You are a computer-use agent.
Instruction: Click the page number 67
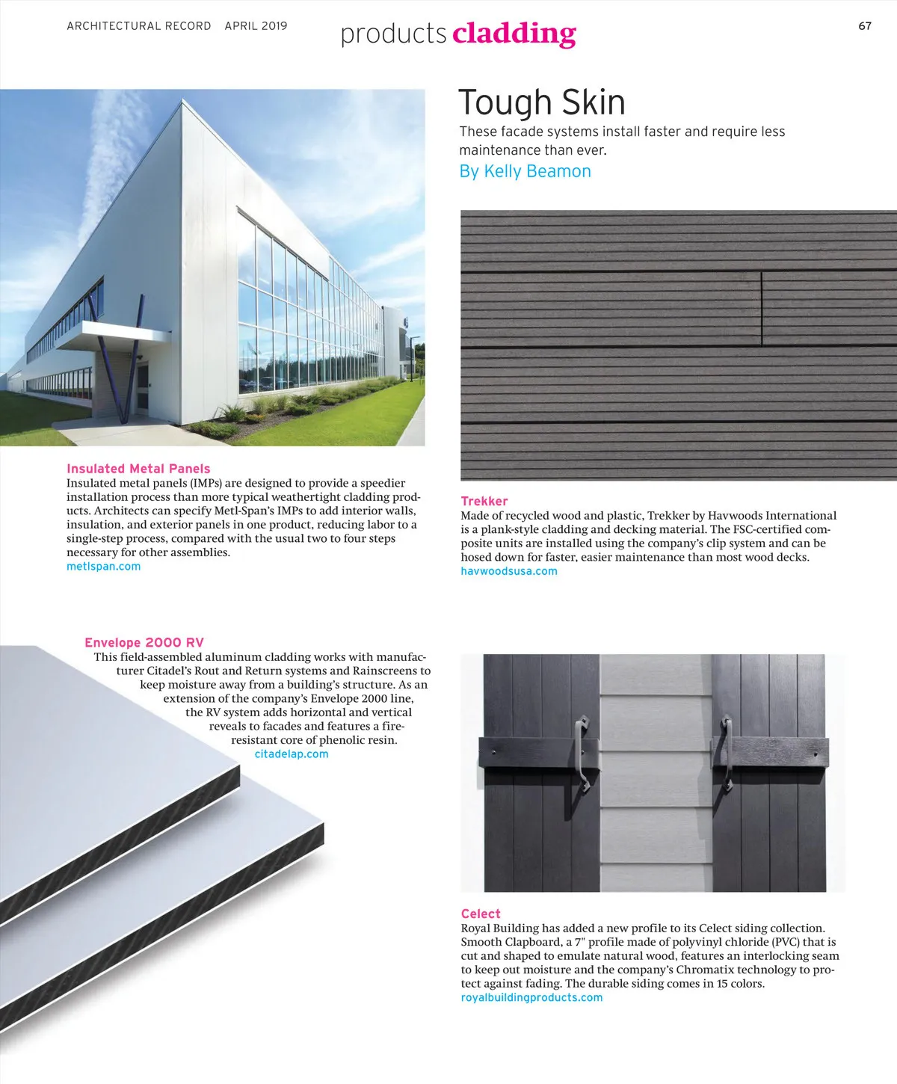[x=865, y=26]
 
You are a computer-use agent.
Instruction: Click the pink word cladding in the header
[x=514, y=34]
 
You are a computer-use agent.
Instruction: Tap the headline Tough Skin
[x=541, y=102]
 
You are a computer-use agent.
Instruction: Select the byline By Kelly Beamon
[x=525, y=171]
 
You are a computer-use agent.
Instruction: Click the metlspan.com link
[x=103, y=567]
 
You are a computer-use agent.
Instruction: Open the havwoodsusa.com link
[x=508, y=571]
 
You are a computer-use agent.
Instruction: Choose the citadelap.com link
[x=292, y=754]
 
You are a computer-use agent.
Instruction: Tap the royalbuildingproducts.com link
[x=531, y=997]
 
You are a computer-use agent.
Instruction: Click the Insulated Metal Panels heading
[x=138, y=469]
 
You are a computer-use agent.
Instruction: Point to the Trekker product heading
[x=484, y=501]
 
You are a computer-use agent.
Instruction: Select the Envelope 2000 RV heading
[x=144, y=642]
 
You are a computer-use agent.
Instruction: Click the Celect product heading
[x=481, y=914]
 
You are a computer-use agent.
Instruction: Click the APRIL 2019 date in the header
[x=256, y=26]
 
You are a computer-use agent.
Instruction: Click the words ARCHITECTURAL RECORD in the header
[x=139, y=26]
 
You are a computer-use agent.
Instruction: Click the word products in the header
[x=393, y=34]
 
